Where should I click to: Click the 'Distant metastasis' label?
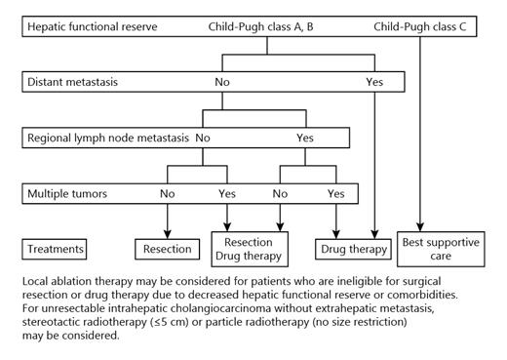coord(74,82)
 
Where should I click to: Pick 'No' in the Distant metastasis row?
coord(222,82)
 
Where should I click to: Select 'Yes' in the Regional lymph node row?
coord(305,139)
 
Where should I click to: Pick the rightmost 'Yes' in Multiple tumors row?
coord(336,194)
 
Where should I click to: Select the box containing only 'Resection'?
coord(169,250)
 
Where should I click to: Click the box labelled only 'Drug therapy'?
coord(354,250)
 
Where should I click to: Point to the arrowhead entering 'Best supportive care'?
coord(420,227)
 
